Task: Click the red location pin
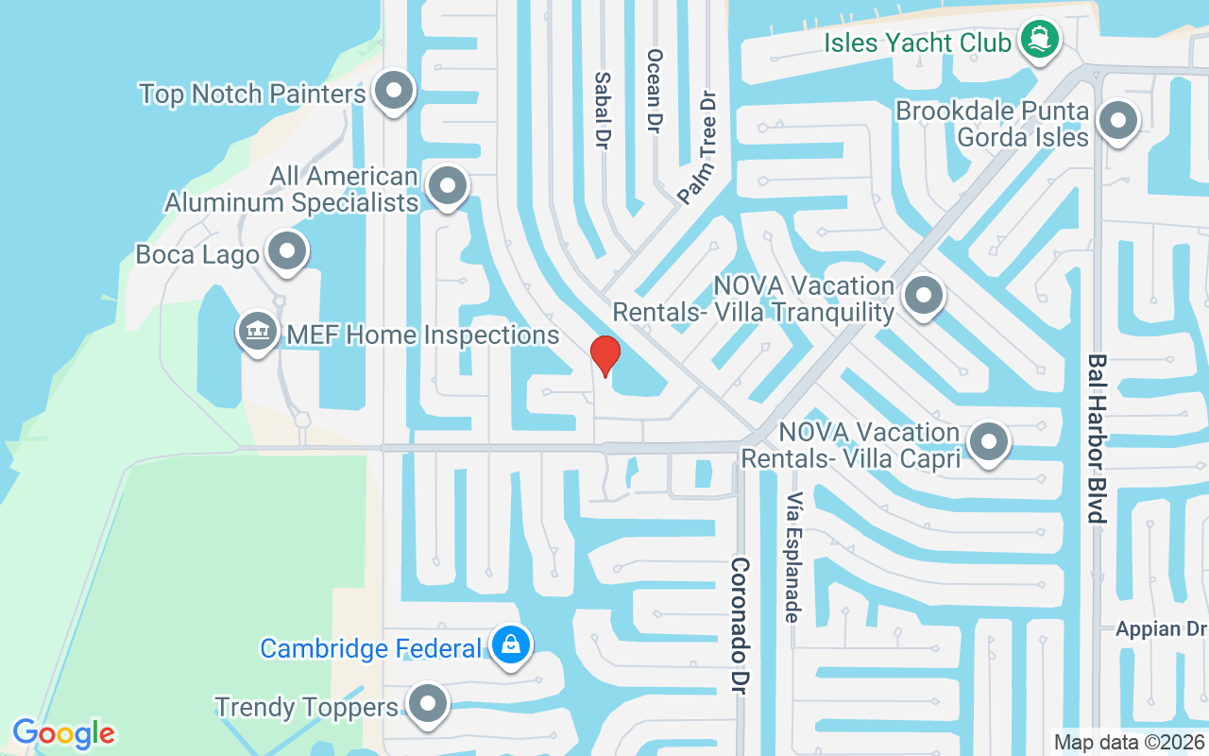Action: click(604, 355)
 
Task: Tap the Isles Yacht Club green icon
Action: click(1040, 40)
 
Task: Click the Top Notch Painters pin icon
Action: click(393, 91)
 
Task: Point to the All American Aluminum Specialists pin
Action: click(448, 186)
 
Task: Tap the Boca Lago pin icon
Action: click(286, 251)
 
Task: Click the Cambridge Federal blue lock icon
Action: click(511, 645)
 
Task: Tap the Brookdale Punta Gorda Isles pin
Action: click(1118, 121)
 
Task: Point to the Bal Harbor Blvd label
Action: click(1096, 438)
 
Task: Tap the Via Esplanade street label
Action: click(792, 558)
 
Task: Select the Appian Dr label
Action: click(1161, 628)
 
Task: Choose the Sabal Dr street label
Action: click(602, 111)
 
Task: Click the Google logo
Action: click(63, 733)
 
